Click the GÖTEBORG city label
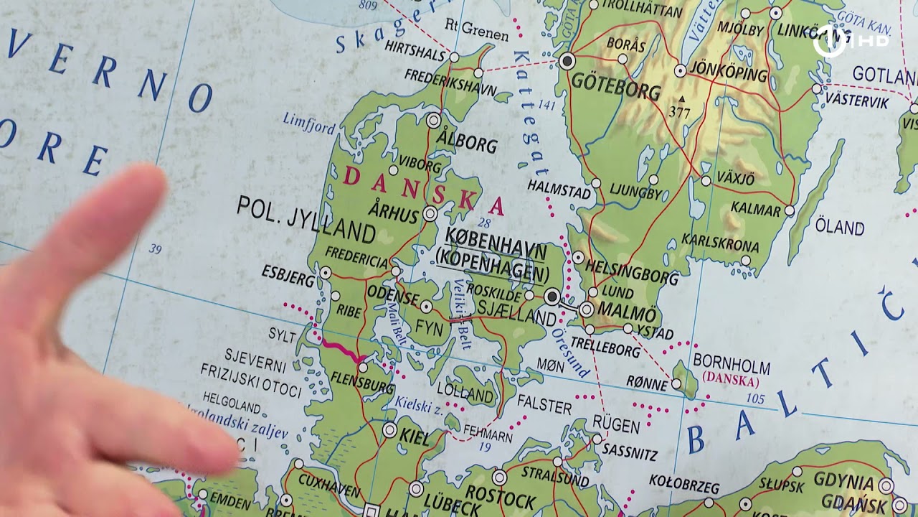click(x=615, y=88)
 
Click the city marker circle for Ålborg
click(x=433, y=121)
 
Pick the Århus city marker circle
click(x=430, y=213)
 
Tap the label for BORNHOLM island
click(x=731, y=366)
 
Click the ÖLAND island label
click(x=839, y=228)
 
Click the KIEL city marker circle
click(x=389, y=429)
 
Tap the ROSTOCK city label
click(x=500, y=494)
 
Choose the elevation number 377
click(x=679, y=112)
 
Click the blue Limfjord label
click(x=308, y=122)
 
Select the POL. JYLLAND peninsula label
click(x=306, y=220)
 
